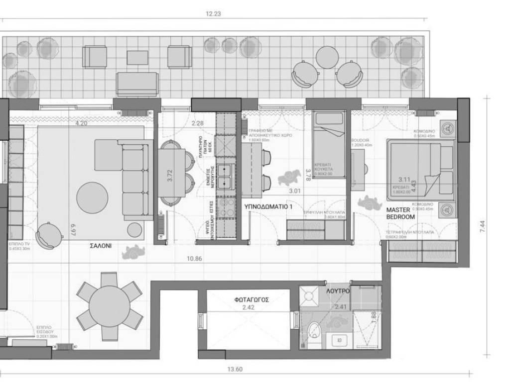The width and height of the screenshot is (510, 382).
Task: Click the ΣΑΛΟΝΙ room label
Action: tap(100, 245)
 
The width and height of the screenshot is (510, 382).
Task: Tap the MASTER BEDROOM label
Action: tap(400, 213)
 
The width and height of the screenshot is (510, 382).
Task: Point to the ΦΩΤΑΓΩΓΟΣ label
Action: tap(252, 300)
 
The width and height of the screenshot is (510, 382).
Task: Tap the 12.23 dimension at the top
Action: tap(213, 14)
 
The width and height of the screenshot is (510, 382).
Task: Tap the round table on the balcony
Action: tap(327, 57)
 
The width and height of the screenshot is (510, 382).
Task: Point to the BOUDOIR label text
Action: tap(360, 141)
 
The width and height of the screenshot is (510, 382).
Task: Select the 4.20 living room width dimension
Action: tap(82, 122)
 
